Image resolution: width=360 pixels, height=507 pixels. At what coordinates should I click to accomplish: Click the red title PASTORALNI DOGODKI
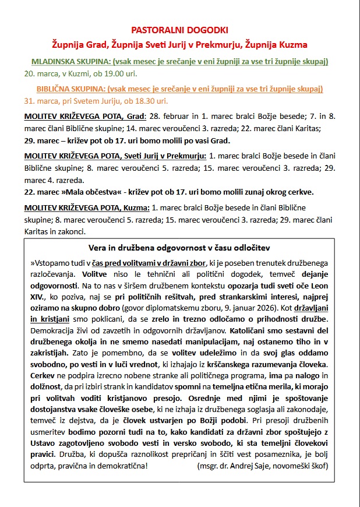(x=179, y=30)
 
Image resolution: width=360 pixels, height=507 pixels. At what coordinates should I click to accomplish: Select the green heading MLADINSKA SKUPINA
(x=70, y=62)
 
